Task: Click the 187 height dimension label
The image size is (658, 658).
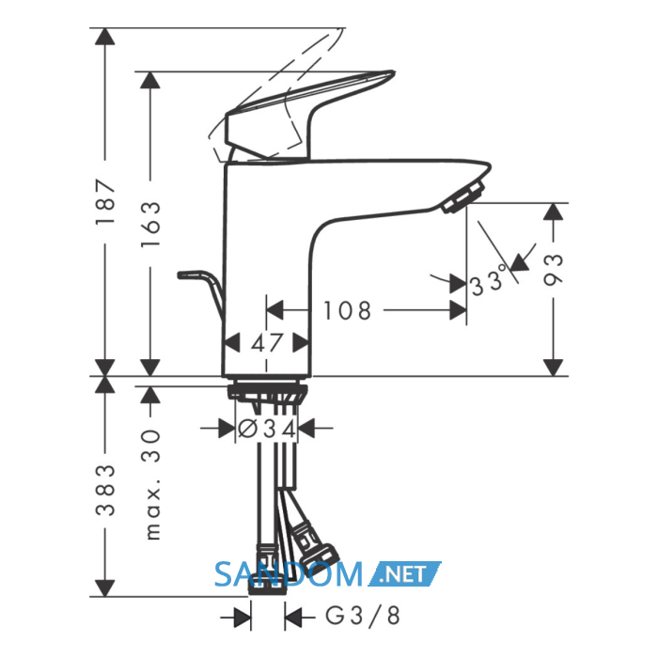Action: click(105, 202)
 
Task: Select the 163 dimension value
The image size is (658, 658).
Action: click(150, 224)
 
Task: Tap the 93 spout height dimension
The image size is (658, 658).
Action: click(553, 271)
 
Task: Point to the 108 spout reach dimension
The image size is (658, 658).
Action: click(347, 311)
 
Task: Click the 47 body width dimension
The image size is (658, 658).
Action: click(266, 343)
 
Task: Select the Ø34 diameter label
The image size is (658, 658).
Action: click(267, 429)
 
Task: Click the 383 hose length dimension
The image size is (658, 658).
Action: click(105, 490)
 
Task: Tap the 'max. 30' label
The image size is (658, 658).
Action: click(151, 484)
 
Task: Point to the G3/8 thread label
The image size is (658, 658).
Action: click(363, 616)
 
